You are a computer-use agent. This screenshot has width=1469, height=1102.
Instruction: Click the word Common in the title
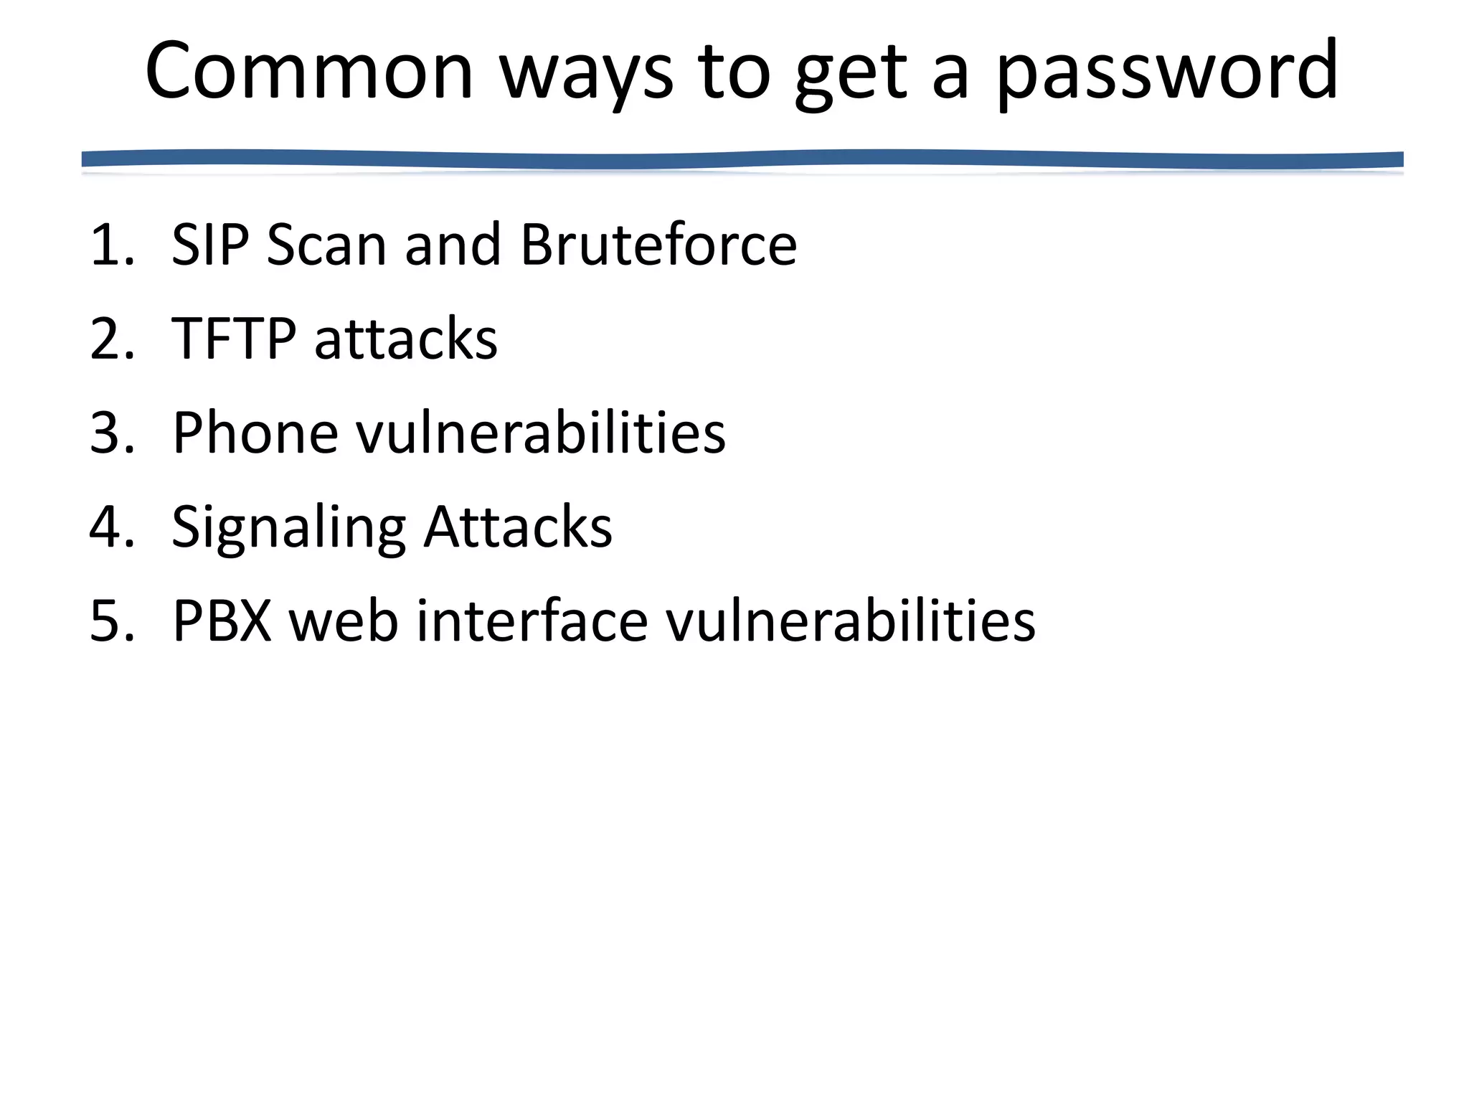pos(308,72)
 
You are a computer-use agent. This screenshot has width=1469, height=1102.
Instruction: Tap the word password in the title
pos(1167,72)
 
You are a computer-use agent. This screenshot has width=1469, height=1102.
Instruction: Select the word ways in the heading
pos(586,72)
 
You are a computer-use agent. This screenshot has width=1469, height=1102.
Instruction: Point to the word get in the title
pos(851,72)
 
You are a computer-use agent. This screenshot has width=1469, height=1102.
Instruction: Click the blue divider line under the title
pos(742,159)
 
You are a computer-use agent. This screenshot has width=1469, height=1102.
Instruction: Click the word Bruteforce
pos(658,245)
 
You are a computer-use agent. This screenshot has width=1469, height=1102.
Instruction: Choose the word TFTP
pos(233,339)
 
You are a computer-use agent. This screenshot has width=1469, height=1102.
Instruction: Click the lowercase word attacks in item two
pos(406,339)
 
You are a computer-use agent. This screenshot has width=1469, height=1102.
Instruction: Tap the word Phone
pos(255,433)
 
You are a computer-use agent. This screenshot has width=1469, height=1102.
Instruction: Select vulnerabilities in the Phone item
pos(541,433)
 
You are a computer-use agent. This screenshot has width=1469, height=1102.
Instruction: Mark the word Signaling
pos(288,527)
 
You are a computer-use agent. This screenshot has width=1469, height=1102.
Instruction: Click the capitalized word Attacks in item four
pos(518,527)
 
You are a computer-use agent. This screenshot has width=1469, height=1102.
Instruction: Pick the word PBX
pos(222,621)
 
